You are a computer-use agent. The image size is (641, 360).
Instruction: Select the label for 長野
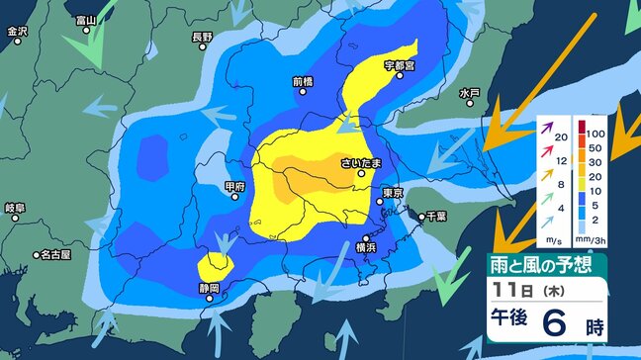[201, 38]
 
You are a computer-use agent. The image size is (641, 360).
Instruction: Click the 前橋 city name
[303, 82]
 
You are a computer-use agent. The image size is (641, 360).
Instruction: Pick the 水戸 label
[469, 93]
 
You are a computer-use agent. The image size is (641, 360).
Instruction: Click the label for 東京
[392, 193]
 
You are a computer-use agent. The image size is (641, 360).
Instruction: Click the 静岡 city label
[208, 289]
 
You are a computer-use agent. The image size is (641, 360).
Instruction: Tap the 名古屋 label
[55, 254]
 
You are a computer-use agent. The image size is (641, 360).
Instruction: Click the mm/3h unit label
[592, 238]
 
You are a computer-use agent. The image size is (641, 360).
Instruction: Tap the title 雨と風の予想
[542, 265]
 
